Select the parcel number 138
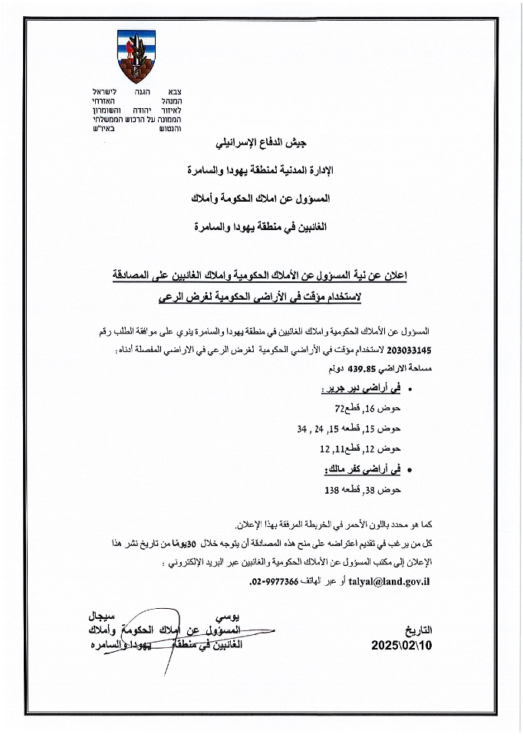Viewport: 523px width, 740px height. click(x=332, y=487)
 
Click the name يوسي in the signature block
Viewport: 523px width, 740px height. click(x=219, y=617)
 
